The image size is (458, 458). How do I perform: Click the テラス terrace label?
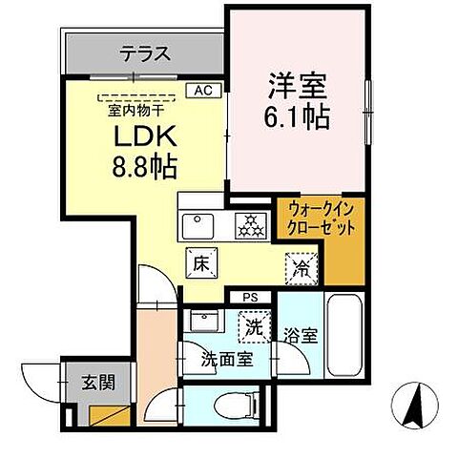point(145,54)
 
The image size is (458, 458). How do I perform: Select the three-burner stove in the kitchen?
point(251,225)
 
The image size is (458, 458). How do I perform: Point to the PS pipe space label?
point(249,298)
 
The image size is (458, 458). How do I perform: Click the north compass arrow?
point(416,406)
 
